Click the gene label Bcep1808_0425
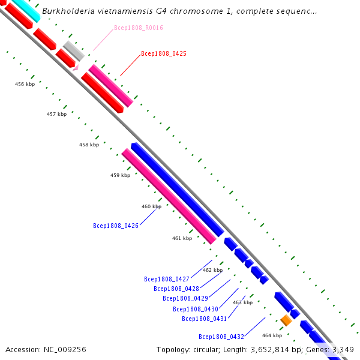[163, 53]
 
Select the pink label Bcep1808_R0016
[138, 28]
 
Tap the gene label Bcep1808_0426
[116, 226]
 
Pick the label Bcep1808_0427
[167, 279]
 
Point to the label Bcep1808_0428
[176, 289]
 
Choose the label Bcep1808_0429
[185, 298]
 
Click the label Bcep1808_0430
[196, 309]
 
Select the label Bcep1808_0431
[205, 319]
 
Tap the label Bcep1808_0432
[221, 337]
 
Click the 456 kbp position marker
[25, 84]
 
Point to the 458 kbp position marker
[89, 145]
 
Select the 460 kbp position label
[151, 206]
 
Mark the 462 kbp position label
[212, 270]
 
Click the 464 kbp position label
[272, 335]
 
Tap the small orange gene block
[286, 320]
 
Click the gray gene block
[74, 50]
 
